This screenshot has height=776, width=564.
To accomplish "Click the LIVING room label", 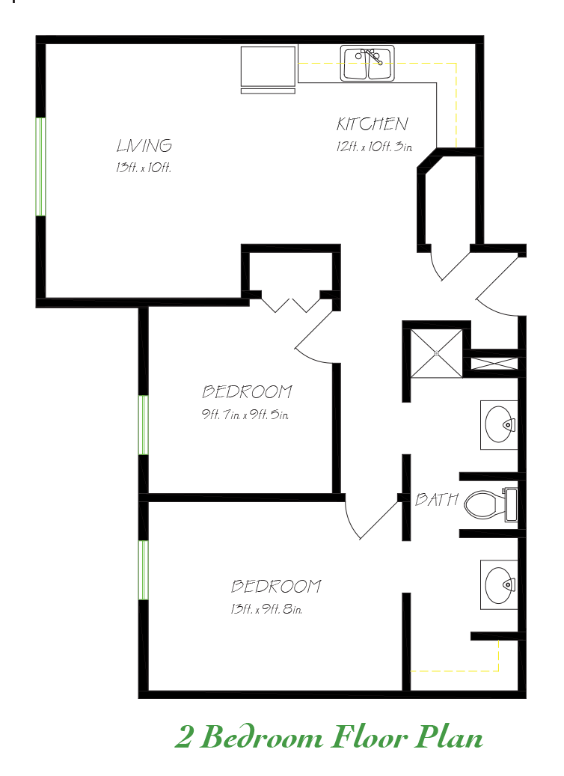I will pyautogui.click(x=144, y=146).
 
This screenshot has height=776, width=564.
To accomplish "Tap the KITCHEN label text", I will pyautogui.click(x=372, y=124).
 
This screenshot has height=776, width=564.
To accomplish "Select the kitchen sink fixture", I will pyautogui.click(x=367, y=64).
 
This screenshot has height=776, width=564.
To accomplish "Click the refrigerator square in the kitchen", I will pyautogui.click(x=269, y=67).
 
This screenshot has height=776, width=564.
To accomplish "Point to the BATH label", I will pyautogui.click(x=436, y=499).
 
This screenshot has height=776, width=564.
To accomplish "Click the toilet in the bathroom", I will pyautogui.click(x=490, y=504).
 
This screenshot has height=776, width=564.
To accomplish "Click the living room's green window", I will pyautogui.click(x=41, y=166).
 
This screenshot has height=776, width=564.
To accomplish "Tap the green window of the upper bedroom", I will pyautogui.click(x=143, y=424).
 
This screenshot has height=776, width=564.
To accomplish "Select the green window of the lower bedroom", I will pyautogui.click(x=143, y=569).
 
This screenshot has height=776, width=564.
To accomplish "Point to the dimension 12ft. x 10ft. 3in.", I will pyautogui.click(x=375, y=147).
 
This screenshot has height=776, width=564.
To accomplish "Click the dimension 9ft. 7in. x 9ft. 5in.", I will pyautogui.click(x=245, y=414).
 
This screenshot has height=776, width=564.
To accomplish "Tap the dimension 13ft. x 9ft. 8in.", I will pyautogui.click(x=266, y=609).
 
